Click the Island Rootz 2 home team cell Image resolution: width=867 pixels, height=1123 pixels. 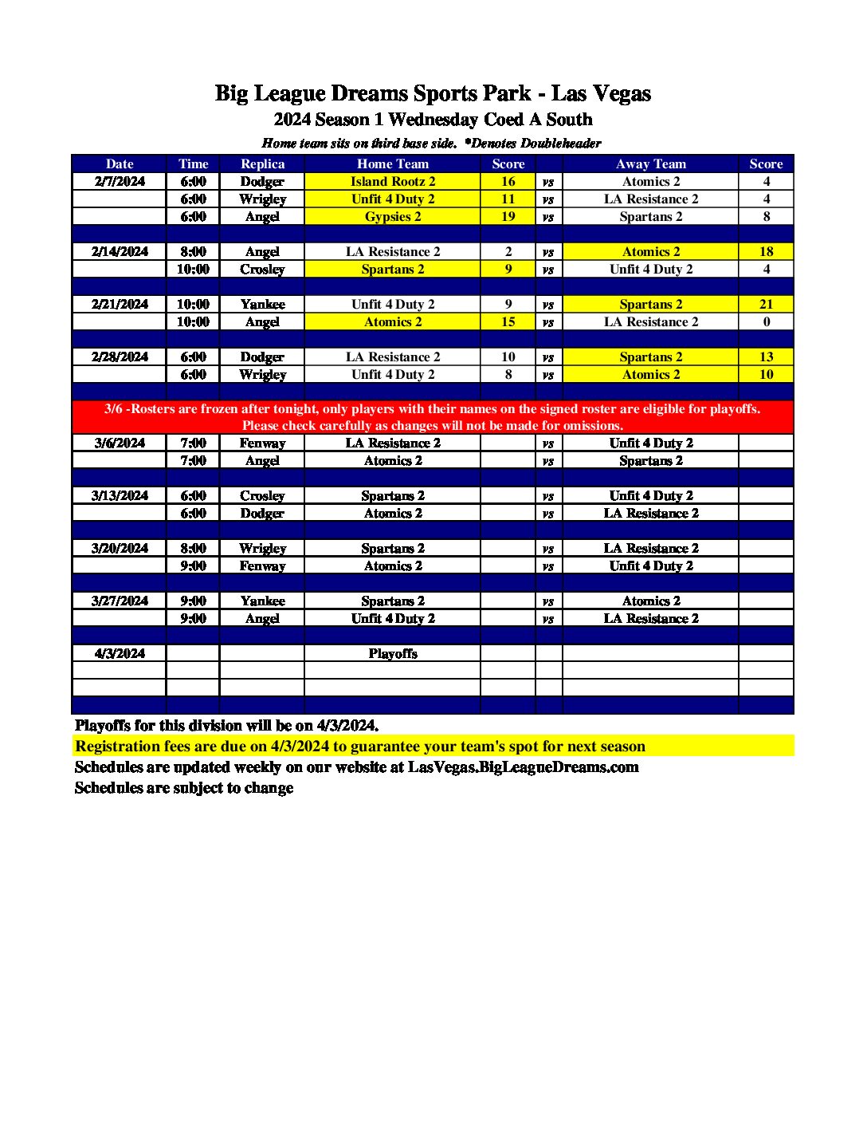pyautogui.click(x=393, y=182)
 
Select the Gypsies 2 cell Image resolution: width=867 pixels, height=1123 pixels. pyautogui.click(x=393, y=217)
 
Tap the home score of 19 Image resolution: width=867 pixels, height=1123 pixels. pyautogui.click(x=508, y=217)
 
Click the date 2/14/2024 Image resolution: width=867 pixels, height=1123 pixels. pyautogui.click(x=120, y=252)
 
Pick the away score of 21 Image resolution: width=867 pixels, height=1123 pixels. pyautogui.click(x=766, y=305)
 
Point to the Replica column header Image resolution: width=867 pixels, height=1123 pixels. pyautogui.click(x=262, y=164)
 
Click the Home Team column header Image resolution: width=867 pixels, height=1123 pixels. pyautogui.click(x=393, y=164)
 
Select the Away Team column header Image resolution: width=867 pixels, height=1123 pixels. pyautogui.click(x=650, y=164)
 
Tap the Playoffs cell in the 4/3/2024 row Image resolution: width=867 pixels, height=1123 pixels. pyautogui.click(x=393, y=654)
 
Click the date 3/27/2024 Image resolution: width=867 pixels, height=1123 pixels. pyautogui.click(x=120, y=601)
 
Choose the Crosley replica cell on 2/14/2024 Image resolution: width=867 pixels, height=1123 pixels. pyautogui.click(x=262, y=270)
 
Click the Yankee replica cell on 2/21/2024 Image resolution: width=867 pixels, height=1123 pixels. pyautogui.click(x=262, y=305)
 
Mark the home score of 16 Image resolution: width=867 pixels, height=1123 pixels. pyautogui.click(x=508, y=182)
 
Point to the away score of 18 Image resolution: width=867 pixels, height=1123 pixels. pyautogui.click(x=766, y=252)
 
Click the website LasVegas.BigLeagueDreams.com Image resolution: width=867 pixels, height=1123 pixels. pyautogui.click(x=524, y=767)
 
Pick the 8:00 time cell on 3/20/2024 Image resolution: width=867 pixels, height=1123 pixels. pyautogui.click(x=193, y=549)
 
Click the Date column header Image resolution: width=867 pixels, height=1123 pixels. pyautogui.click(x=120, y=164)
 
